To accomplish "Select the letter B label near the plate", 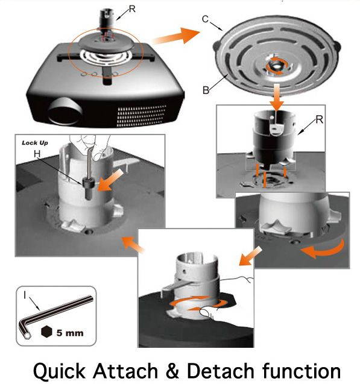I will (x=206, y=92).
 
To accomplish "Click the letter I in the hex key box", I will (x=24, y=295).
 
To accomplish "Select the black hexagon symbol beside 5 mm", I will (x=48, y=332).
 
